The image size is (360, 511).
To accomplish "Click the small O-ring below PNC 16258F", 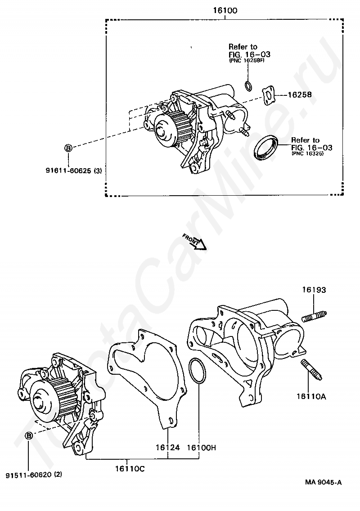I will click(247, 86).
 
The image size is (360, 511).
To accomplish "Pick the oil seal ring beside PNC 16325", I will click(266, 147).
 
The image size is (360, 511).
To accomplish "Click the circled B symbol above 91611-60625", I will click(68, 148).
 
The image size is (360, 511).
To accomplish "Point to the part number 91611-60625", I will click(69, 170).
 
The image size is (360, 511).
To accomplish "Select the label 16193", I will click(314, 290).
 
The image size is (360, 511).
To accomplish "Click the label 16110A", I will click(311, 396).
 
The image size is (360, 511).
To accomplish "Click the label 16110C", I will click(129, 468).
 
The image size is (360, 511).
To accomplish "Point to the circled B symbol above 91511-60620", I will click(29, 435).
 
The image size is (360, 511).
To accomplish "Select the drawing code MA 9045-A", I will click(323, 483).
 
